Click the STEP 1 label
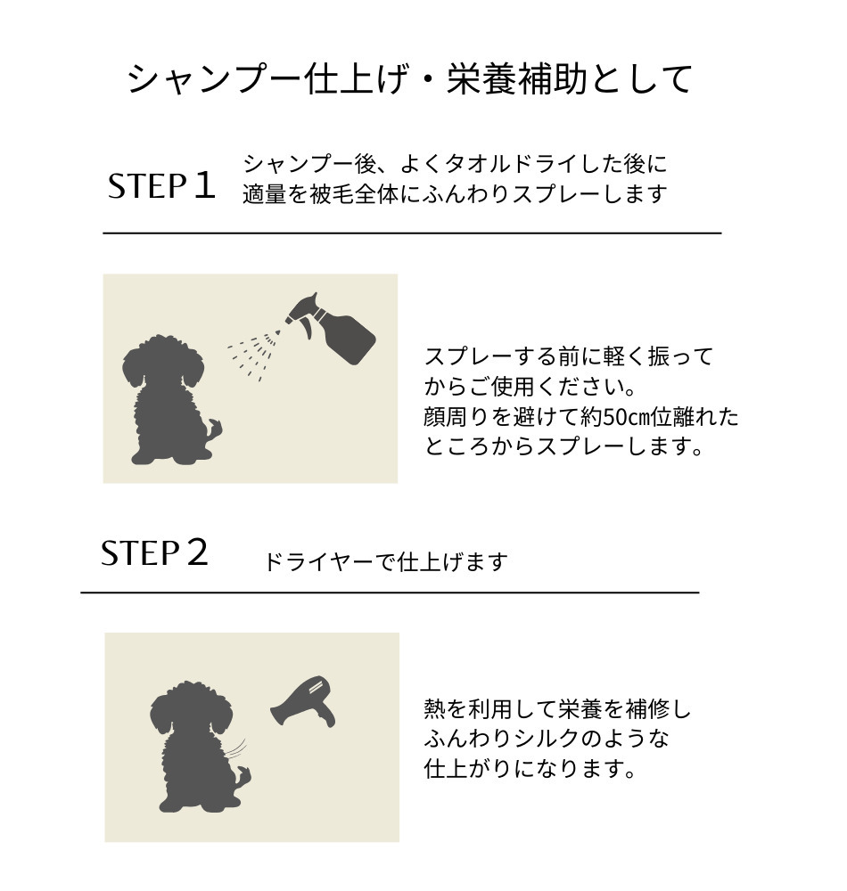click(162, 186)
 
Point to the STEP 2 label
click(154, 552)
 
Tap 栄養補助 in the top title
click(517, 79)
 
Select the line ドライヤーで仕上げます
click(385, 562)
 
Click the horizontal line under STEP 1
click(412, 233)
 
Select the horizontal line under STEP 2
click(390, 593)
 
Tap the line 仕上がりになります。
click(530, 769)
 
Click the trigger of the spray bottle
click(306, 329)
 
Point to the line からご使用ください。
click(530, 387)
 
